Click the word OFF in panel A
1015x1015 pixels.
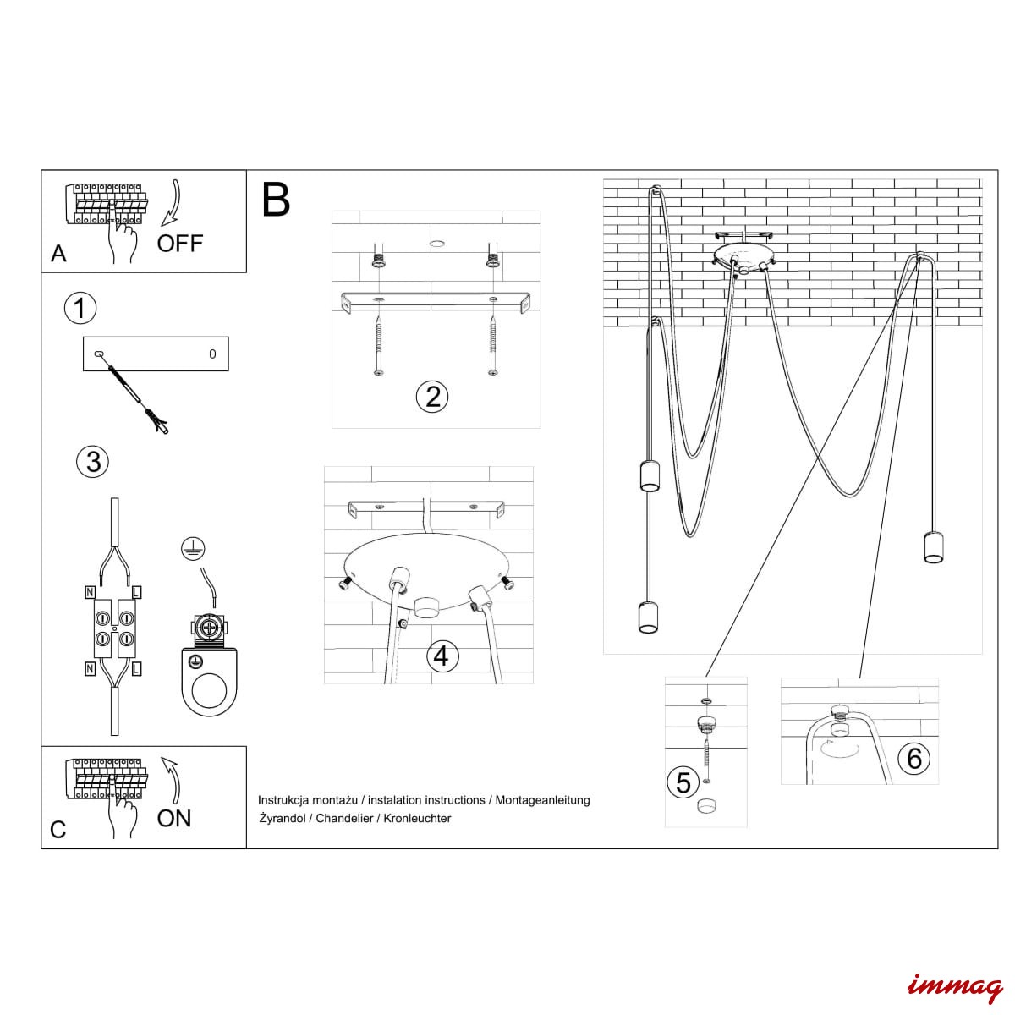coord(180,244)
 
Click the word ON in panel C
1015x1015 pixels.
coord(174,818)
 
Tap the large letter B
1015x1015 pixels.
coord(276,200)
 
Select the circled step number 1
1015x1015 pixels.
coord(80,308)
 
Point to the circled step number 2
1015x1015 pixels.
coord(433,396)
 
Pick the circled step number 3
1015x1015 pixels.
coord(93,461)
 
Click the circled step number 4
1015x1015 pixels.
coord(442,656)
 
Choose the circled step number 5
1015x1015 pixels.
coord(683,782)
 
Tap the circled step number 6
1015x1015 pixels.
coord(913,758)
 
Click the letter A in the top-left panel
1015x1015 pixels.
coord(58,254)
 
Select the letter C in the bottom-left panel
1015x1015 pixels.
coord(58,830)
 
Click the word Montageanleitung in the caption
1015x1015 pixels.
coord(542,799)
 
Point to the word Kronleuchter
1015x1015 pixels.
coord(416,818)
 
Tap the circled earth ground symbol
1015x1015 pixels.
coord(193,549)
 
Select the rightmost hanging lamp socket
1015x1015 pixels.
coord(933,547)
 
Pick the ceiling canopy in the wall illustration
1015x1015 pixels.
coord(741,255)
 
